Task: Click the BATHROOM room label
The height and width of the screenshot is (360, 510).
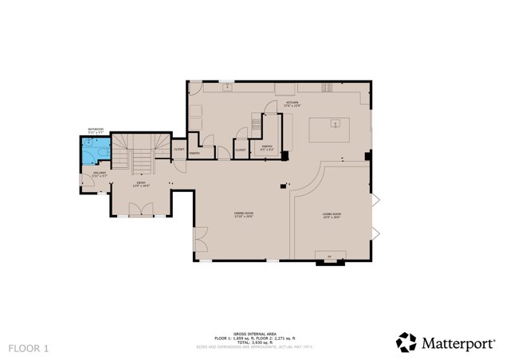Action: click(x=95, y=130)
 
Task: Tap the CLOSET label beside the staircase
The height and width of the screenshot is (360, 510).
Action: click(x=178, y=149)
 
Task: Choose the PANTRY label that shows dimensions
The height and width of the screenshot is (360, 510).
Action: click(x=267, y=147)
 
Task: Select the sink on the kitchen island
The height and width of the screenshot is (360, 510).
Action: click(x=336, y=123)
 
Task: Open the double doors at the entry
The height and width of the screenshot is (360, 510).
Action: click(x=139, y=209)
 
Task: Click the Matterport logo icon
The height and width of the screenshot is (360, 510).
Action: click(x=406, y=342)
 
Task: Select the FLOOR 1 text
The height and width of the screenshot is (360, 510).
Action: click(x=29, y=348)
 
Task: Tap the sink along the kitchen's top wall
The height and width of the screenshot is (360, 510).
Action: click(x=226, y=85)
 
